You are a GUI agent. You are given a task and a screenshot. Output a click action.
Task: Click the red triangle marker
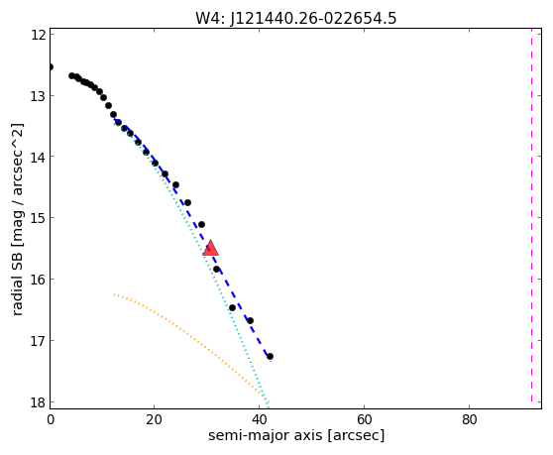[210, 248]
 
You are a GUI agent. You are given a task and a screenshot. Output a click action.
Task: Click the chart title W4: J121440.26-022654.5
[296, 18]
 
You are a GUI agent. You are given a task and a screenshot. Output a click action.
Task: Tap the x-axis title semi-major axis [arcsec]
[296, 435]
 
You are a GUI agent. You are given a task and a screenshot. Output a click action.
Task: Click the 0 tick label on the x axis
[51, 419]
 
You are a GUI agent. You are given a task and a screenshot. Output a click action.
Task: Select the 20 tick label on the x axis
[155, 419]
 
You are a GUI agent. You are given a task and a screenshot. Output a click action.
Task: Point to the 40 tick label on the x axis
[260, 419]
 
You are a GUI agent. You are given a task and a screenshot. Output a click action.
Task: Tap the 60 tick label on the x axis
[365, 419]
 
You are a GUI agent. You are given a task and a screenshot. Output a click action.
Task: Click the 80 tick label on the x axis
[470, 419]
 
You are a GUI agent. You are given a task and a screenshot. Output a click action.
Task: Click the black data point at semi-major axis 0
[51, 66]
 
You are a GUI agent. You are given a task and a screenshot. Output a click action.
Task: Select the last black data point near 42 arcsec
[270, 356]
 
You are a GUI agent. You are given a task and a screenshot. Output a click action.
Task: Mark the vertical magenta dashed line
[531, 215]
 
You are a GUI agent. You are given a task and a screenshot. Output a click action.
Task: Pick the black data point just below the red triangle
[216, 269]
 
